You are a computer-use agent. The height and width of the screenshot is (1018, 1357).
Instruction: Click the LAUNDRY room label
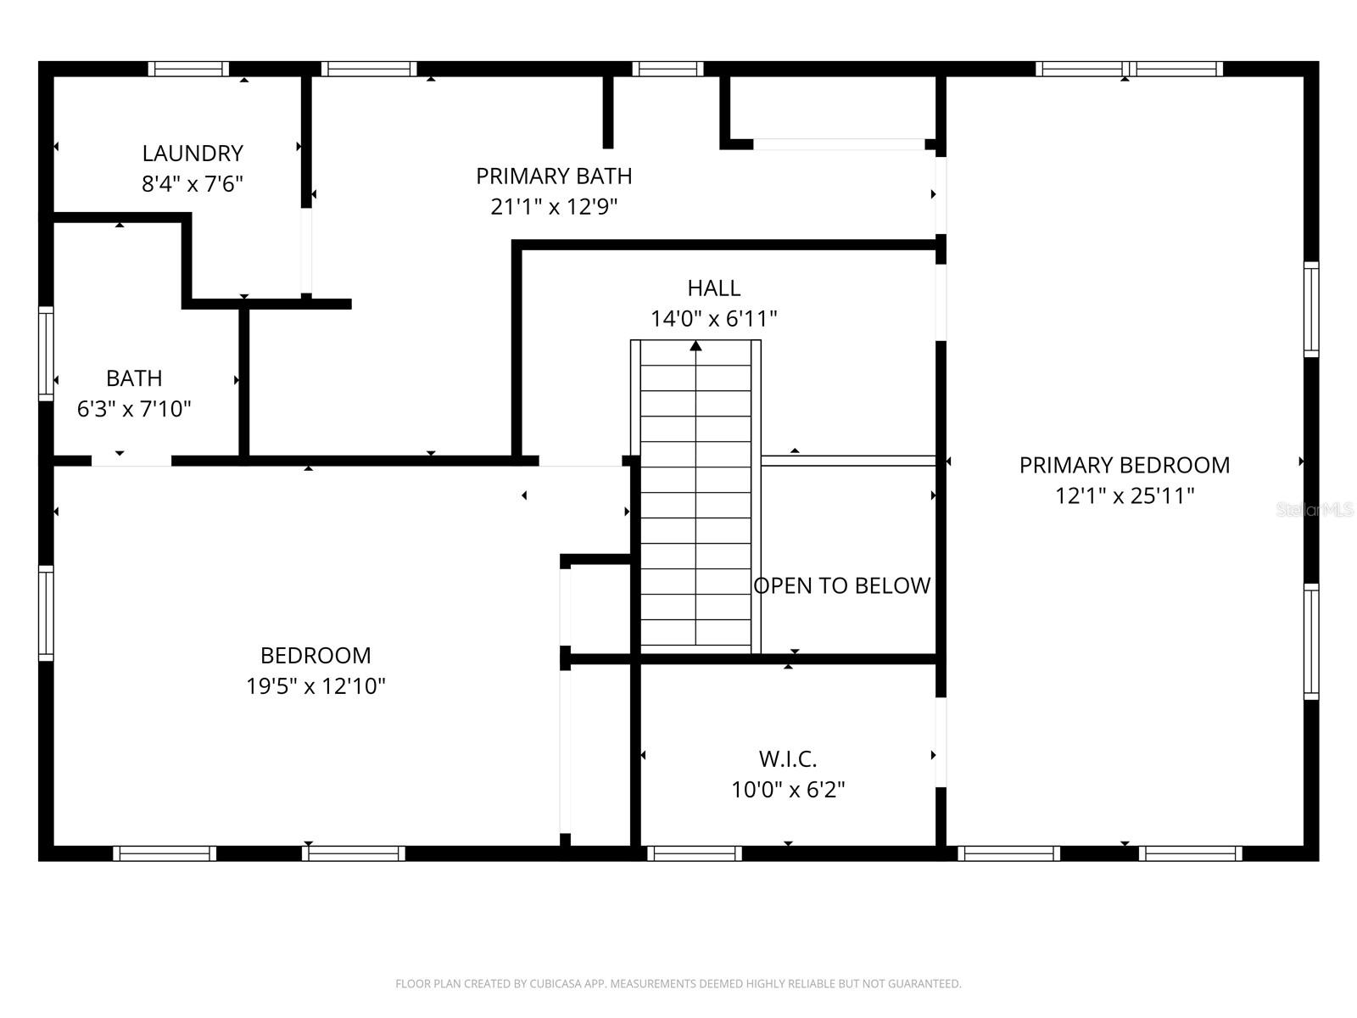(x=193, y=154)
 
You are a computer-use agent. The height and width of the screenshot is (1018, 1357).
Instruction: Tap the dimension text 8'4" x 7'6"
(x=193, y=184)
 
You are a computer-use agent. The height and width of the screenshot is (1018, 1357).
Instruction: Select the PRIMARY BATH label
(x=554, y=176)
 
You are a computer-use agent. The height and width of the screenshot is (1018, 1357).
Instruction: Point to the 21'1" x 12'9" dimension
(x=554, y=207)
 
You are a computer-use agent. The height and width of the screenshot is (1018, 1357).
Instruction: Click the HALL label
(x=713, y=288)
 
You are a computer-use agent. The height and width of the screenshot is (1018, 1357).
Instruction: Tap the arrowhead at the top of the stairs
(x=695, y=345)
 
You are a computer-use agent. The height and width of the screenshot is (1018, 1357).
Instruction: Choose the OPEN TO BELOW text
(x=841, y=586)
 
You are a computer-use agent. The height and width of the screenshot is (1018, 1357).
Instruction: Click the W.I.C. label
(x=788, y=759)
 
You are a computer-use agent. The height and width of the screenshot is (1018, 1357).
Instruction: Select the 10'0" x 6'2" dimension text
(x=788, y=790)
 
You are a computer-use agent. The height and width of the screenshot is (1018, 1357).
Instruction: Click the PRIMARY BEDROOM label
(x=1124, y=466)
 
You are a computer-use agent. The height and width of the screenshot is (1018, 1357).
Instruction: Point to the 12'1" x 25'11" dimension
(x=1124, y=496)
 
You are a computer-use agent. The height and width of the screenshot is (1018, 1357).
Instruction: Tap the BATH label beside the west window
(x=134, y=378)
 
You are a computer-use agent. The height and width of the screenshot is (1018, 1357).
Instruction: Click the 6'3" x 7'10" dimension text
(x=134, y=410)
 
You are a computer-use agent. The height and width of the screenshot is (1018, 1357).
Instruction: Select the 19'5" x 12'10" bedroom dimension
(x=316, y=686)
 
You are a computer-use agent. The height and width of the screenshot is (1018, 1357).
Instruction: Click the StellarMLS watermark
(x=1315, y=510)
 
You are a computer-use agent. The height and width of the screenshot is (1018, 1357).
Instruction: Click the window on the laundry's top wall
(x=188, y=69)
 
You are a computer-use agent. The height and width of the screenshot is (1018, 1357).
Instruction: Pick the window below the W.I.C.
(x=695, y=853)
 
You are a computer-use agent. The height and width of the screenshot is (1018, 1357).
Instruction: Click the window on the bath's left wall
(x=46, y=353)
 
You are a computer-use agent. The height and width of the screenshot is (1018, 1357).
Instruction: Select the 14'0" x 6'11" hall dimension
(x=713, y=319)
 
